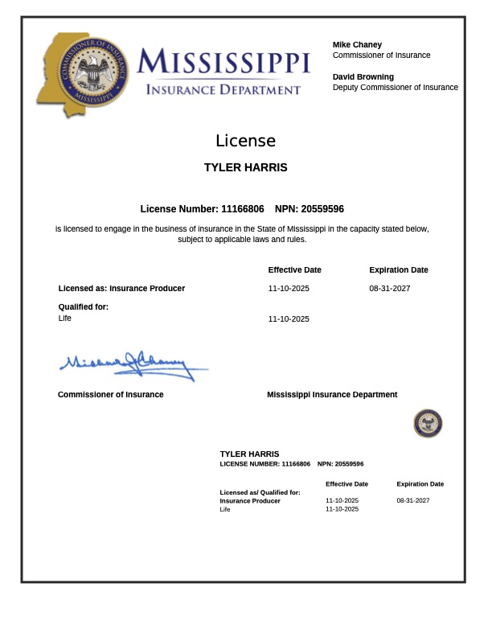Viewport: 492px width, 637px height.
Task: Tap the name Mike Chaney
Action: pos(357,45)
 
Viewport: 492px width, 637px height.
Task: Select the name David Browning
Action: pos(363,77)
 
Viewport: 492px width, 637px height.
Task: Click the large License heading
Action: pos(245,141)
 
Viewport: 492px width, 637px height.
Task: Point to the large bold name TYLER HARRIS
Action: pos(245,168)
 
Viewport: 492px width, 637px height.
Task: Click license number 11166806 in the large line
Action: pos(242,208)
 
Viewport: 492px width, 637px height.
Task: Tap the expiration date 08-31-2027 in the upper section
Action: pos(390,288)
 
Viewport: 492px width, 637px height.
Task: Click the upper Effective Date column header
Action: pos(294,270)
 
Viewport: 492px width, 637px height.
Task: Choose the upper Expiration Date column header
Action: pos(399,270)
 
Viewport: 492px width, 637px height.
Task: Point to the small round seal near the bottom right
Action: pos(428,423)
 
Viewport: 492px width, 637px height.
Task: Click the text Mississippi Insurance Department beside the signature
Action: pos(332,395)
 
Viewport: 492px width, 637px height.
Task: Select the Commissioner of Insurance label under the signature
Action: pos(110,395)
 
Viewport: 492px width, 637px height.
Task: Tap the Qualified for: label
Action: pos(84,306)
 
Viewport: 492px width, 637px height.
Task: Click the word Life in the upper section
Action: pos(65,318)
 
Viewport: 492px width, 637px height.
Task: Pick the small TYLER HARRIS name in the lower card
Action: pos(249,454)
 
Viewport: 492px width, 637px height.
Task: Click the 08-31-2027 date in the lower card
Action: pos(413,500)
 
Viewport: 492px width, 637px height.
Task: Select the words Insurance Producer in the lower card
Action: pos(250,500)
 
